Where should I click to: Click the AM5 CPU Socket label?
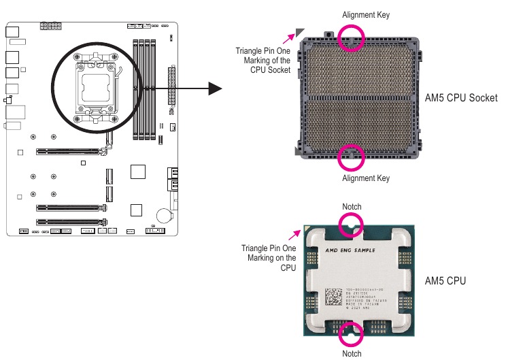click(460, 98)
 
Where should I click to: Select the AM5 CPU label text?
click(445, 280)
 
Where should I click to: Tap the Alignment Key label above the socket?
click(366, 14)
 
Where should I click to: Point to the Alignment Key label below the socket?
click(366, 178)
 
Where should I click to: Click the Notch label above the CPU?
click(352, 206)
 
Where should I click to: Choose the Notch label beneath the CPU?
click(352, 353)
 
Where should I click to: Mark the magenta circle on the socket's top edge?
click(352, 38)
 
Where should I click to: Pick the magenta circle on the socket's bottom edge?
click(352, 157)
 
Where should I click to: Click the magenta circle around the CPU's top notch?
click(352, 225)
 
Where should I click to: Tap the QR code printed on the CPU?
click(333, 297)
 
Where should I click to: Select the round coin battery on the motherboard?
click(163, 215)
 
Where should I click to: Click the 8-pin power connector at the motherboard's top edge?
click(50, 27)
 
